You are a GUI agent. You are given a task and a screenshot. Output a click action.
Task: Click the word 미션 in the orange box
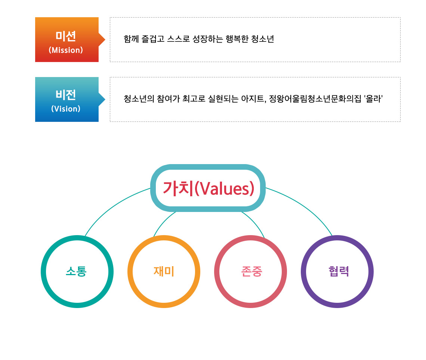click(66, 36)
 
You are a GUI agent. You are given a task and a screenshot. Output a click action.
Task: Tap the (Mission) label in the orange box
click(66, 50)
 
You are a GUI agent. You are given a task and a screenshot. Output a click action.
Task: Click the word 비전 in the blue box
click(66, 95)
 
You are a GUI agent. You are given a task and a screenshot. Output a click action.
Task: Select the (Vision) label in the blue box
click(66, 109)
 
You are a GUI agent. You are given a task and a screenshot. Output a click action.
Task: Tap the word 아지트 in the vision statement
click(253, 99)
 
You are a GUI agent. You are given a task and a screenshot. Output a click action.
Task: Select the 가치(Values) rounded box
click(208, 188)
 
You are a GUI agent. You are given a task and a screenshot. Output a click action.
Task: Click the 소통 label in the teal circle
click(76, 271)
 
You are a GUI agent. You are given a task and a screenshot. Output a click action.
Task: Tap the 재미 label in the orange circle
click(164, 271)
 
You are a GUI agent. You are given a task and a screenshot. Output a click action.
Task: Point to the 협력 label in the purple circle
click(338, 271)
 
